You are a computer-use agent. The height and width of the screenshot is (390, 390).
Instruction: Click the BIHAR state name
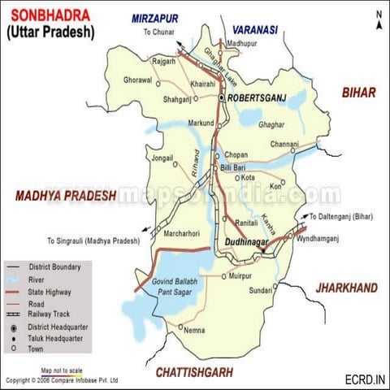click(x=358, y=93)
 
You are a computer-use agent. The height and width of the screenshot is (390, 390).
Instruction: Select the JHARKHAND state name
click(x=347, y=288)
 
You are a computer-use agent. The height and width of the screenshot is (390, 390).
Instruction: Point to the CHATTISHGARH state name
click(x=193, y=372)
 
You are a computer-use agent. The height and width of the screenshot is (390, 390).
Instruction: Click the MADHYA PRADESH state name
click(x=63, y=196)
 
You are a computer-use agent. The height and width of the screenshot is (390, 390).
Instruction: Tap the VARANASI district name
click(x=254, y=29)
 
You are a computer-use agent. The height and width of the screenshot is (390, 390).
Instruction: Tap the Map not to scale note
click(x=63, y=369)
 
